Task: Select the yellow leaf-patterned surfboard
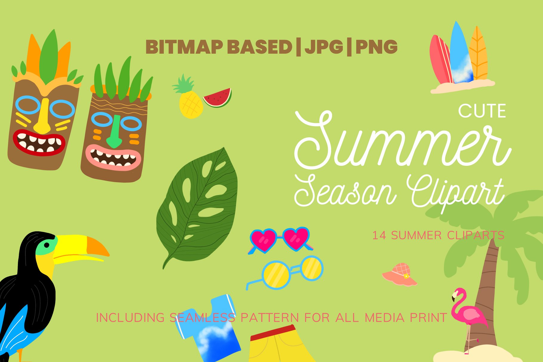(x=478, y=55)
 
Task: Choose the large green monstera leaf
(x=198, y=206)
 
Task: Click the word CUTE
(x=482, y=111)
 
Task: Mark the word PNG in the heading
(x=377, y=47)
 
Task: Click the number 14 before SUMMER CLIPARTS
(x=379, y=236)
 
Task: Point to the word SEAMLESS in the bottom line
(x=202, y=318)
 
